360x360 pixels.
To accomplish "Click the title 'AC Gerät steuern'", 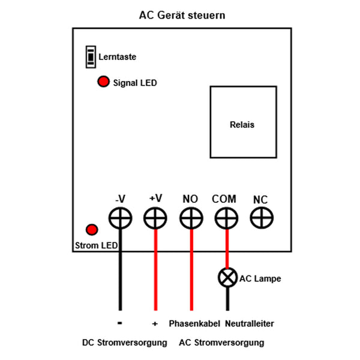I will tap(182, 15).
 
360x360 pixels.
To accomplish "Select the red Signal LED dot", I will tap(103, 82).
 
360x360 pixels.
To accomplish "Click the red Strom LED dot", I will tap(92, 229).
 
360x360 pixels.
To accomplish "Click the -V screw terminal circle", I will tap(121, 218).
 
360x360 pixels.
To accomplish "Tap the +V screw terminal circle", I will tap(155, 218).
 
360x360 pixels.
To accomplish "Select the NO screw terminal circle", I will tap(191, 218).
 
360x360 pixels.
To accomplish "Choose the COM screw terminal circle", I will tap(226, 218).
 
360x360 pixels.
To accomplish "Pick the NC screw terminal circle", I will tap(261, 218).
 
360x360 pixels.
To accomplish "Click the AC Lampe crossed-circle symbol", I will tap(227, 278).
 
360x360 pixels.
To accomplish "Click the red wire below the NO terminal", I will tap(191, 270).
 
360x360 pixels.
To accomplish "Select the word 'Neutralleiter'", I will tap(250, 323).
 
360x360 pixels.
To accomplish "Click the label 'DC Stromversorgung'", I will tap(124, 343).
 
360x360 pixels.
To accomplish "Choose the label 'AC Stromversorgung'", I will tap(221, 343).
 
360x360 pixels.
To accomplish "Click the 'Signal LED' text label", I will tap(135, 83).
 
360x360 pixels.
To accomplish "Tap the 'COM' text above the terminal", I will tap(224, 199).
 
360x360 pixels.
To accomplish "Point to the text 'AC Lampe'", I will tap(260, 278).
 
